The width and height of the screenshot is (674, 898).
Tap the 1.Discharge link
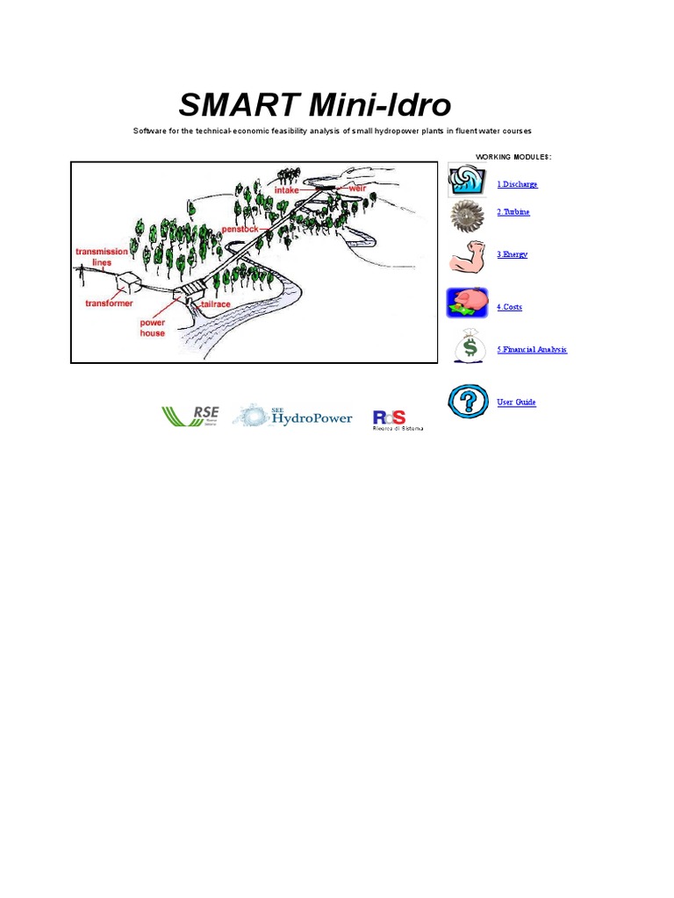(517, 184)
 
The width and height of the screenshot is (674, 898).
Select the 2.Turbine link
(513, 212)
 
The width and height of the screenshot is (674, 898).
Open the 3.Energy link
(513, 254)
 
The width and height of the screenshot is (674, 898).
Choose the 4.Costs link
(510, 307)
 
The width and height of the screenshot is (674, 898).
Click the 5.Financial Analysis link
(532, 349)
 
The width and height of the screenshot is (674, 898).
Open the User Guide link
(516, 402)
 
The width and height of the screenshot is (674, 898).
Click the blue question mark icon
(468, 401)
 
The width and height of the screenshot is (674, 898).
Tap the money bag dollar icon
(469, 346)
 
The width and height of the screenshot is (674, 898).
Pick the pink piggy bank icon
(468, 303)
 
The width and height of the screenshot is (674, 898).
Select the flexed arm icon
(468, 256)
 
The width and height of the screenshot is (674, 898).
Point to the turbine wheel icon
(467, 215)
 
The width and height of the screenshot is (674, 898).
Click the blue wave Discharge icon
(466, 180)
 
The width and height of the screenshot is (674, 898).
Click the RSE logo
(190, 416)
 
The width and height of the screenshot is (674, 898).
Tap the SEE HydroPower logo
(293, 416)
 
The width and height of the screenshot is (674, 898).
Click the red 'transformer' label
(109, 303)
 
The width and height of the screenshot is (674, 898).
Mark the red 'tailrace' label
(216, 303)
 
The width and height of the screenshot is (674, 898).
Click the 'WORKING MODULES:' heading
(513, 157)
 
